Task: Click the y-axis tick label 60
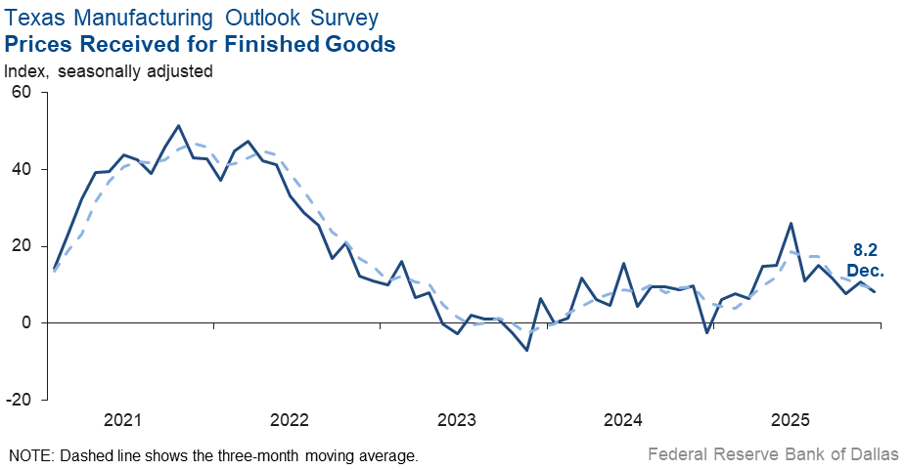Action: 22,92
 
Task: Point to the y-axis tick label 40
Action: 22,169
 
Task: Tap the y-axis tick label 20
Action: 22,245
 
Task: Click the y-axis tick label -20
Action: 19,400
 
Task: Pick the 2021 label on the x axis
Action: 122,421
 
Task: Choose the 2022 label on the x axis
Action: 290,421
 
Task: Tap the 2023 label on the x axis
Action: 456,421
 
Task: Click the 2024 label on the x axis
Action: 623,421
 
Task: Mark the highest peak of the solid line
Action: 178,125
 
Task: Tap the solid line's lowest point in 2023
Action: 527,350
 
